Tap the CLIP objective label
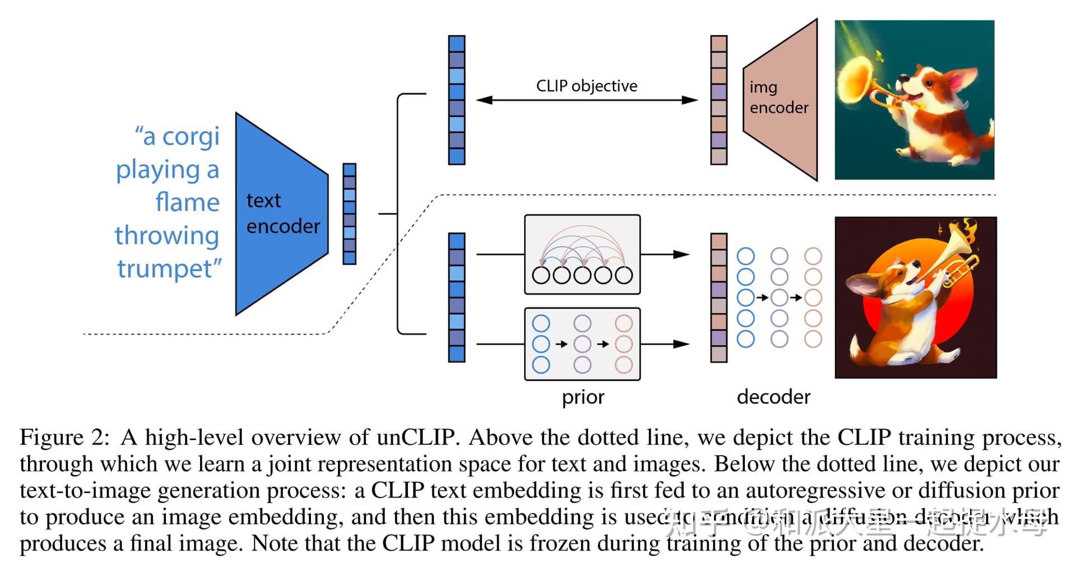pyautogui.click(x=586, y=86)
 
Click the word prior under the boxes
pyautogui.click(x=583, y=397)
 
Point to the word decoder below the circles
pyautogui.click(x=773, y=397)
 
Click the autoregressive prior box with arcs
pyautogui.click(x=582, y=254)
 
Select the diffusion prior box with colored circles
pyautogui.click(x=582, y=344)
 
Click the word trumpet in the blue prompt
pyautogui.click(x=168, y=268)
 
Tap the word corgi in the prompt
pyautogui.click(x=191, y=136)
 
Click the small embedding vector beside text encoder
pyautogui.click(x=349, y=214)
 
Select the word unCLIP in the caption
pyautogui.click(x=415, y=438)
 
